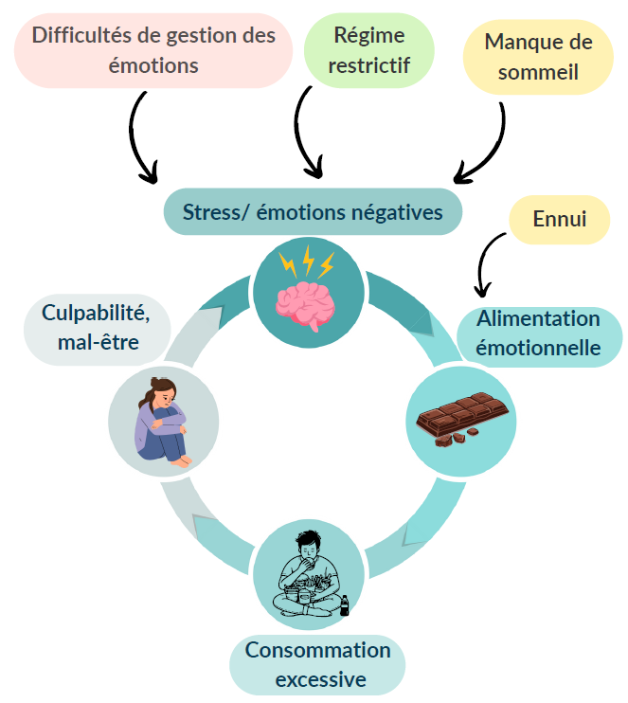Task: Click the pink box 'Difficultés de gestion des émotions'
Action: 153,50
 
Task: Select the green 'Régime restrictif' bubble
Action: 368,50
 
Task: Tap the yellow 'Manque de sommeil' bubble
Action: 538,57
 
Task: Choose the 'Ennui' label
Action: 560,219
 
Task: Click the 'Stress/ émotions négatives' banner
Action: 313,211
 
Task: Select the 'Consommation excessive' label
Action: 317,665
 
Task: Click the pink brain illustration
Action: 305,307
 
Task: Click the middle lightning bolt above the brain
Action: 308,260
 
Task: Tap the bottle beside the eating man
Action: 344,605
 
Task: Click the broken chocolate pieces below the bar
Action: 455,438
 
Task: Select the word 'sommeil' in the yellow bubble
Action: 538,72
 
